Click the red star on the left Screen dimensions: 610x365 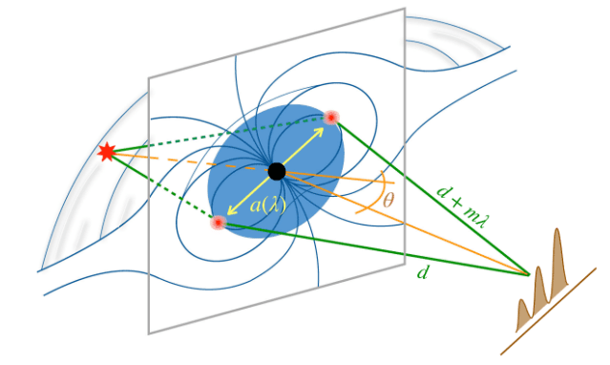click(x=107, y=151)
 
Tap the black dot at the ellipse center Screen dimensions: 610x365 click(x=277, y=171)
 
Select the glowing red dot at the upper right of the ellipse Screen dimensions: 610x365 click(x=331, y=118)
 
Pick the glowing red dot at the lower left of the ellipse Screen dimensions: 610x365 click(x=219, y=223)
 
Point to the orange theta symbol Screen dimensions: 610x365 click(x=388, y=200)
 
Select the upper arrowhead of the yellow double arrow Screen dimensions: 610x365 click(x=319, y=129)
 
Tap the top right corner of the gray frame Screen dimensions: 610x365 click(x=405, y=9)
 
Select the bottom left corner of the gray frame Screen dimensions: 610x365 click(x=149, y=333)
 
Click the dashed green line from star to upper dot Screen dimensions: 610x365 click(x=210, y=134)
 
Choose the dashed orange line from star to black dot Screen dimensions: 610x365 click(x=191, y=161)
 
